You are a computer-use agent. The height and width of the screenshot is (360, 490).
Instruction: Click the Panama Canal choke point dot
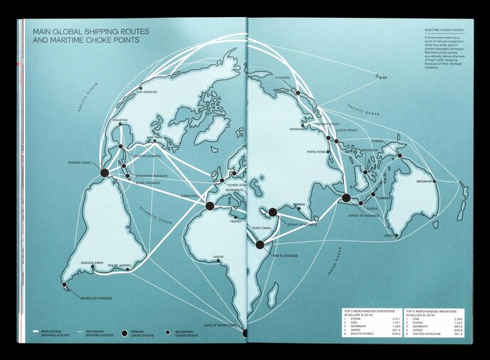(x=105, y=172)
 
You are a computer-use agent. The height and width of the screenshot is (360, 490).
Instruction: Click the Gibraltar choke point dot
(x=210, y=206)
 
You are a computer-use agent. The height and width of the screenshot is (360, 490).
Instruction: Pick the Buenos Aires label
(x=92, y=263)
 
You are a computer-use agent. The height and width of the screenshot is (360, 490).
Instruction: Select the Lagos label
(x=218, y=256)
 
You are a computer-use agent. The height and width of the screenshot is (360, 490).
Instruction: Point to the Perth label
(x=390, y=235)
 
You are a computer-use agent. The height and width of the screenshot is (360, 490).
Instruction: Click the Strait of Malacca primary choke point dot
(x=346, y=198)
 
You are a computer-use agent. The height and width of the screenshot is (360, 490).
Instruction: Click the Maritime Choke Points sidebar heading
(x=444, y=31)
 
